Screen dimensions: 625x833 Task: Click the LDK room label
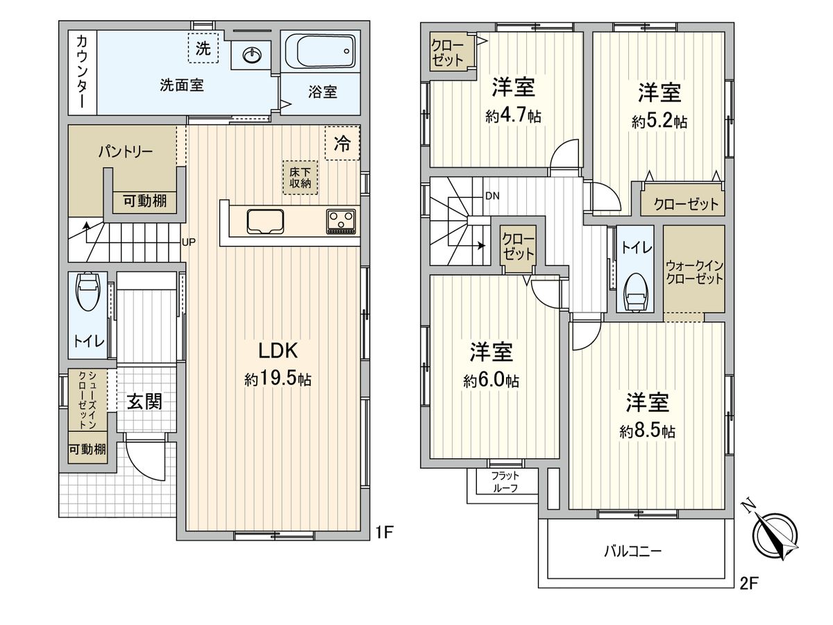point(278,349)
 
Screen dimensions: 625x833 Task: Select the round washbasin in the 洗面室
point(252,53)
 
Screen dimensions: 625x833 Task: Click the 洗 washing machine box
point(203,49)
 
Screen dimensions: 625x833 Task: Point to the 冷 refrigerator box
point(342,143)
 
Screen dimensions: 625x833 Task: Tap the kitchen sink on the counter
point(264,220)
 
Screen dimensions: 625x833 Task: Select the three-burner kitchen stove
point(341,221)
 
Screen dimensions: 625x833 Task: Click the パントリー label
point(125,151)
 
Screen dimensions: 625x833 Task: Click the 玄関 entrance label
point(144,401)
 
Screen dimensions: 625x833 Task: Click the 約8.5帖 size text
point(648,431)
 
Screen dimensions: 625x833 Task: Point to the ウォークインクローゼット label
point(694,272)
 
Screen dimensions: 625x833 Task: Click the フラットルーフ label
point(504,481)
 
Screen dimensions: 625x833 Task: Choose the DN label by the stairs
point(491,196)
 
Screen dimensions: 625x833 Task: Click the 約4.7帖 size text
point(513,116)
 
